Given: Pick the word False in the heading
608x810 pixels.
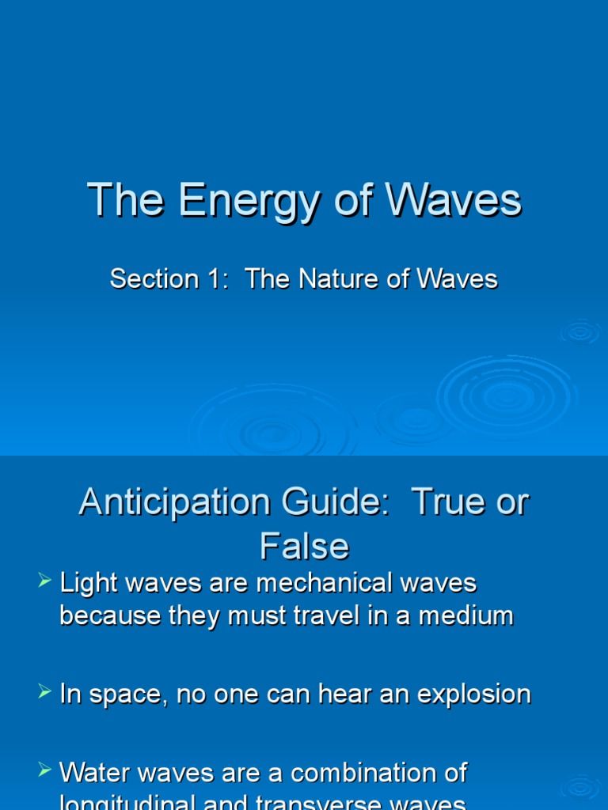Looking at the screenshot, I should (x=304, y=546).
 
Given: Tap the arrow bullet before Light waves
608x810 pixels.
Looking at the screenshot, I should (x=44, y=582).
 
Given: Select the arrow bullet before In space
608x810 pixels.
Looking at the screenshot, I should (x=44, y=693).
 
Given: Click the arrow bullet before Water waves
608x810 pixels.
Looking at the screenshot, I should (x=44, y=770).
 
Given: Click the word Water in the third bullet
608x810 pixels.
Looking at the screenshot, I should (x=94, y=772).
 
